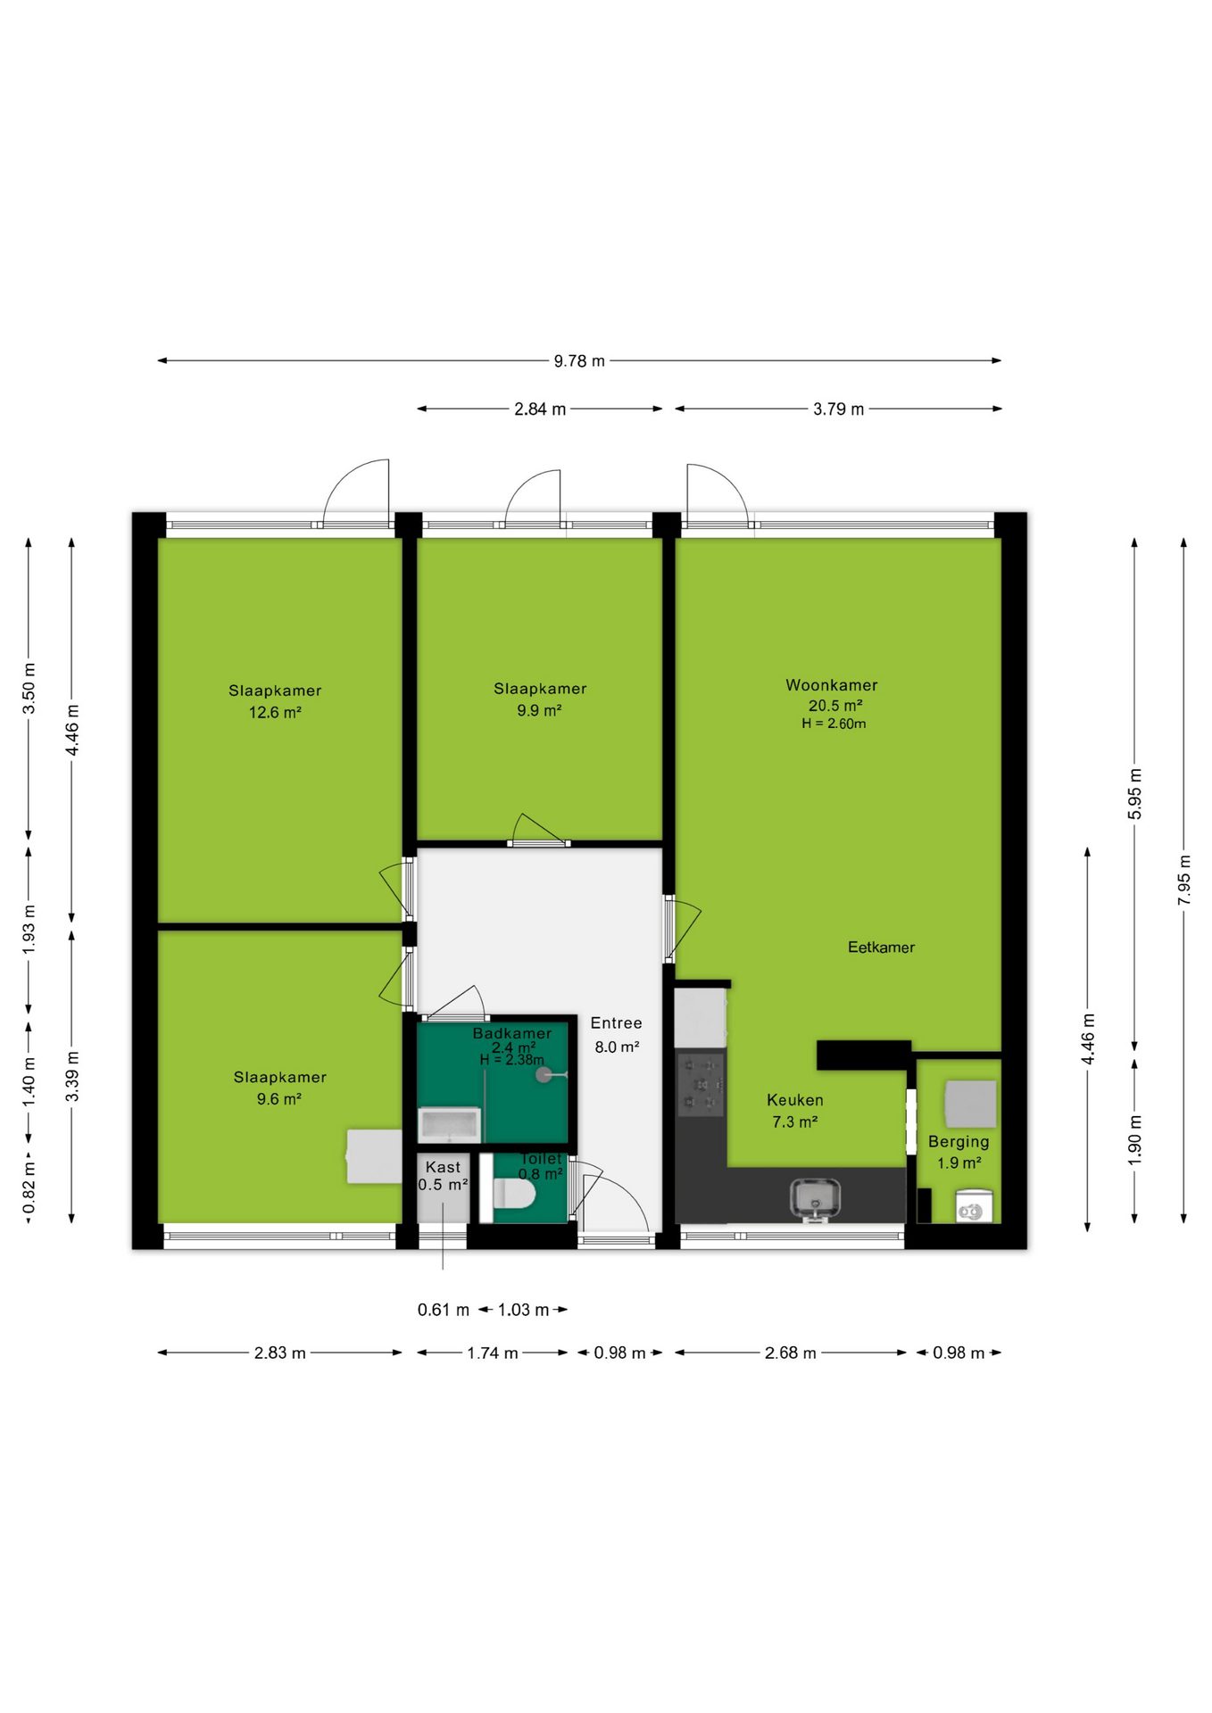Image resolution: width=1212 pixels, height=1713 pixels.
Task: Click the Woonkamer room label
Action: click(831, 685)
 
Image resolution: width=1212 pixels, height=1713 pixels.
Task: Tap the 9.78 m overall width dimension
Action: click(579, 361)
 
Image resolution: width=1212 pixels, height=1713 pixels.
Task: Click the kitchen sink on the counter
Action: click(815, 1198)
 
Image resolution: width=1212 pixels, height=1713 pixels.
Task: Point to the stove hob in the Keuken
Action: click(701, 1085)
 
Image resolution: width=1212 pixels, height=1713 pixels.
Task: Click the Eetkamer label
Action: click(881, 948)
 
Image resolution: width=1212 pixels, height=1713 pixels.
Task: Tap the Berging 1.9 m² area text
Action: click(959, 1163)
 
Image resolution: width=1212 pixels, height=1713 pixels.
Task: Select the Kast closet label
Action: click(443, 1167)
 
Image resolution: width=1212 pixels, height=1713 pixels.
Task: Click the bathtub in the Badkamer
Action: click(450, 1125)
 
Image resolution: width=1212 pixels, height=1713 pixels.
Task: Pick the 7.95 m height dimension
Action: click(1184, 880)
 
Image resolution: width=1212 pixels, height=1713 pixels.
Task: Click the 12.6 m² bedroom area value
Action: click(275, 713)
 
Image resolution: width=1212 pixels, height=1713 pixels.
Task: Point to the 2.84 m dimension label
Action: click(540, 410)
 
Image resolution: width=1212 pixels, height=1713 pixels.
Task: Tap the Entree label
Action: click(616, 1023)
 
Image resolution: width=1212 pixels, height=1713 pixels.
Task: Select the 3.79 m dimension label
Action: click(838, 410)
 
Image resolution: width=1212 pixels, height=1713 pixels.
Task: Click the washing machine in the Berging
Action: click(974, 1205)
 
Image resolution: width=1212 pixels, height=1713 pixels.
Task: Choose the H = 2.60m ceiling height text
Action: click(834, 724)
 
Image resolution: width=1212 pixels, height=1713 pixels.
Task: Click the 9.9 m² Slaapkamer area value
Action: click(539, 711)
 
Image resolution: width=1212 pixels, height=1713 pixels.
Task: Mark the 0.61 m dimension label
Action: click(444, 1310)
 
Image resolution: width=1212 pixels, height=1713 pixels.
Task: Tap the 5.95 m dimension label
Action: click(1135, 793)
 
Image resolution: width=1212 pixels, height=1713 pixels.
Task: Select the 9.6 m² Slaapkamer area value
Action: click(279, 1099)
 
